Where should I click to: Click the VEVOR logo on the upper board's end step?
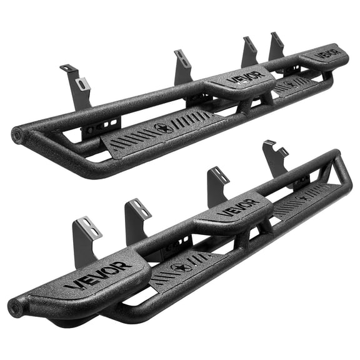[327, 52]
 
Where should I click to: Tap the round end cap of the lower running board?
[16, 307]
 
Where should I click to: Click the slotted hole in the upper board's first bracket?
[81, 83]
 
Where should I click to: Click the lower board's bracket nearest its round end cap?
[87, 234]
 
